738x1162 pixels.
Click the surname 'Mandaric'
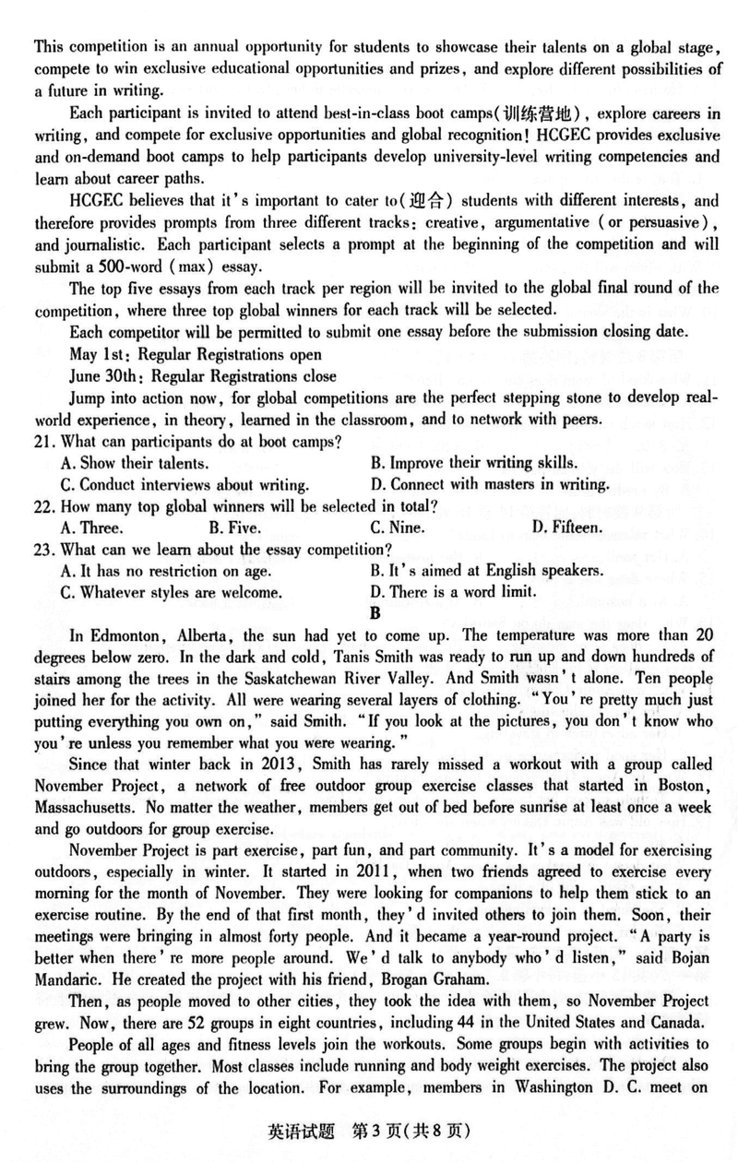pyautogui.click(x=70, y=977)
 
